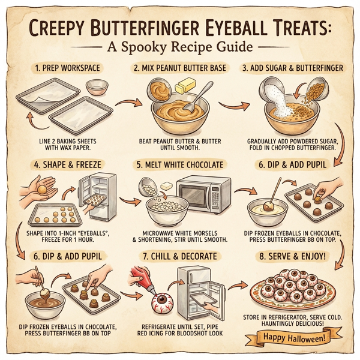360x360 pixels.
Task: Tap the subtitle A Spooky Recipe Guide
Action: coord(179,47)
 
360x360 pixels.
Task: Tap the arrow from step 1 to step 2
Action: coord(124,106)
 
